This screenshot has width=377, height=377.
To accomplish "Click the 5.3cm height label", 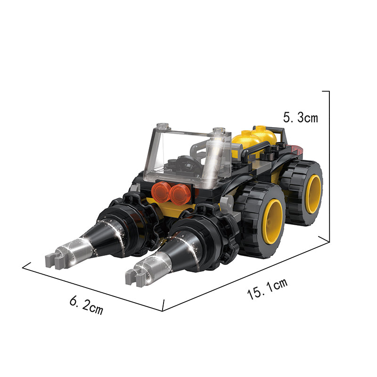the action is click(x=300, y=117).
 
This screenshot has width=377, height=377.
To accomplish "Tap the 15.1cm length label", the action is click(x=267, y=289).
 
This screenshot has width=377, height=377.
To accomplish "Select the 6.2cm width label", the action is click(x=86, y=305).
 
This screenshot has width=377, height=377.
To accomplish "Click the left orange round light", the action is click(x=160, y=192).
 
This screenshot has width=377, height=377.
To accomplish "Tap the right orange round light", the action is click(x=180, y=194).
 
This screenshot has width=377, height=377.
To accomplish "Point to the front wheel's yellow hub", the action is click(x=272, y=221).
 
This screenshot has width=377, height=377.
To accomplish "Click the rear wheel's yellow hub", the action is click(x=313, y=194).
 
